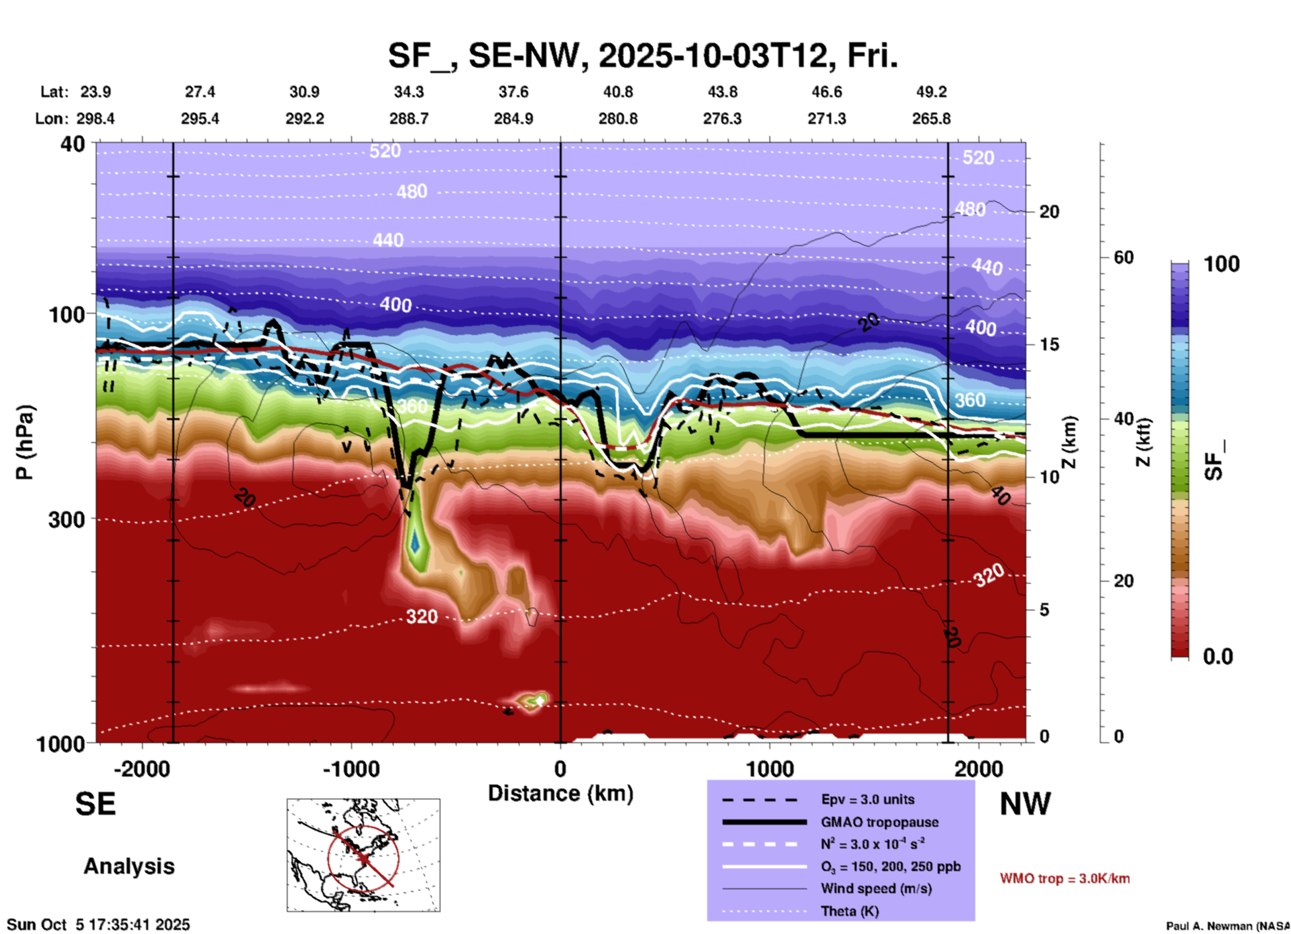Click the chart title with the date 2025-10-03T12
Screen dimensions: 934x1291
pos(642,56)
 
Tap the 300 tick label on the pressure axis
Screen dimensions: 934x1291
pos(67,519)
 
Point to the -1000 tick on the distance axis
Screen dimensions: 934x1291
pos(351,769)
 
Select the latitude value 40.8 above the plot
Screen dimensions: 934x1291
pos(617,92)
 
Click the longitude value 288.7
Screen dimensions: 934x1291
pos(409,119)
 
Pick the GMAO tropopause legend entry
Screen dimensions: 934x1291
pos(879,822)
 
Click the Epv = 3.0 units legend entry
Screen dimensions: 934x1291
pos(867,799)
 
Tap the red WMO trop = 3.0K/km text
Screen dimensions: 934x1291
pos(1064,878)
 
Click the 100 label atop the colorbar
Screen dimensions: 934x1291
pos(1221,264)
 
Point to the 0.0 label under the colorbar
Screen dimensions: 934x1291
pos(1218,657)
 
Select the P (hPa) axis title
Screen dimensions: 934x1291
pos(25,442)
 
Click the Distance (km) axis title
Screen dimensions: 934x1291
pos(560,793)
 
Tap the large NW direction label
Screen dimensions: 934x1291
pos(1025,804)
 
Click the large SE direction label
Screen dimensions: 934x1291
pos(95,804)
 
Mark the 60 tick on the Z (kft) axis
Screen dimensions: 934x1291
pos(1123,257)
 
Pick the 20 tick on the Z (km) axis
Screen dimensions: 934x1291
pos(1049,212)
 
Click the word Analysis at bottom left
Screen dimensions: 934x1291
pos(129,866)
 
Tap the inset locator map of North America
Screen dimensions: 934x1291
pos(363,855)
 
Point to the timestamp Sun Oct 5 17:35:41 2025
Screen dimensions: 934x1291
pos(99,925)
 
